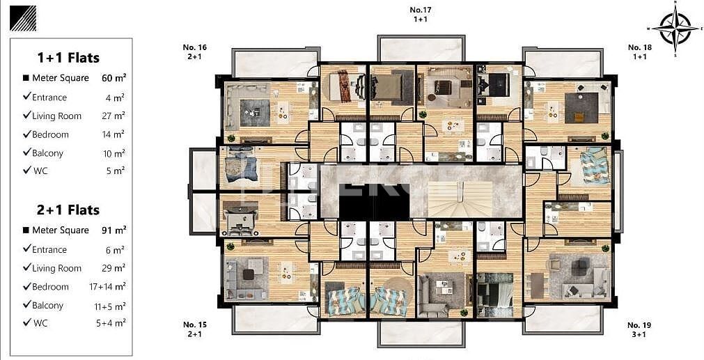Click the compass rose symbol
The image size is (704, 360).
coord(674,29)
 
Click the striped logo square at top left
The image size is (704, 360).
coord(23,18)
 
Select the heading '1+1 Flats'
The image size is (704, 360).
coord(68,58)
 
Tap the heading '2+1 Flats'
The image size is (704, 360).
coord(68,210)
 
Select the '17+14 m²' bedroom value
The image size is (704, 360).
coord(109,287)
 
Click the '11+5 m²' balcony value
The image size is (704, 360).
coord(111,306)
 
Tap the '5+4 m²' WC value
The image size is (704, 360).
coord(112,324)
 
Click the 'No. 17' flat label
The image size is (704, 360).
coord(421,10)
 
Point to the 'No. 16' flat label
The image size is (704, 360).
coord(194,47)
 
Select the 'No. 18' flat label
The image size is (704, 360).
coord(639,47)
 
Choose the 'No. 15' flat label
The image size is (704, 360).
coord(194,324)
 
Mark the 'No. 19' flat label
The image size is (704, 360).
coord(639,325)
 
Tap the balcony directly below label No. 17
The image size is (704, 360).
coord(421,49)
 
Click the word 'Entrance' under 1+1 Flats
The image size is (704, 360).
coord(49,97)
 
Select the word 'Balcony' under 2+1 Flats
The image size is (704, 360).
coord(47,306)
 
